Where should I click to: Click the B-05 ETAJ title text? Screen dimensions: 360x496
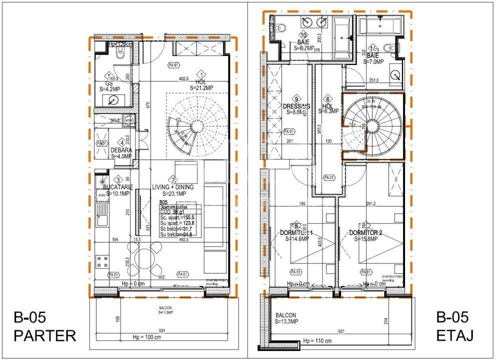pyautogui.click(x=452, y=326)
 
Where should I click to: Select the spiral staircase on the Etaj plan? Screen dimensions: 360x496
pyautogui.click(x=372, y=125)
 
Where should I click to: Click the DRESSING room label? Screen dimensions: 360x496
pyautogui.click(x=297, y=106)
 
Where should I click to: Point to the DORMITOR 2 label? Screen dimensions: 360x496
pyautogui.click(x=365, y=232)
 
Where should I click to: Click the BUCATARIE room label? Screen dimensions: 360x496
pyautogui.click(x=118, y=186)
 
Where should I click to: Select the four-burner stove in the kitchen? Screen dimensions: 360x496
pyautogui.click(x=102, y=261)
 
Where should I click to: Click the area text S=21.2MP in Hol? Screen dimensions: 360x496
pyautogui.click(x=201, y=87)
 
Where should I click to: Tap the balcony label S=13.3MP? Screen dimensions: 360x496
pyautogui.click(x=286, y=321)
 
